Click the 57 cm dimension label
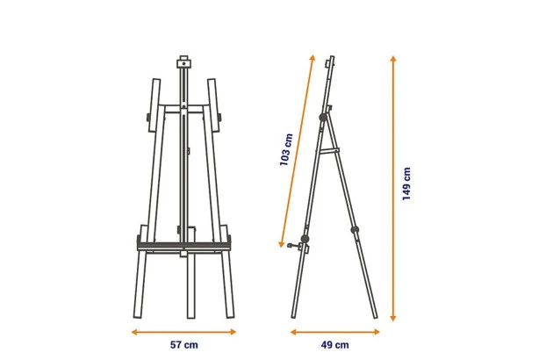pos(184,345)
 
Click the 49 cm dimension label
pos(334,345)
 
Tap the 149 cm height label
pos(406,184)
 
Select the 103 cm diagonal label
pos(286,149)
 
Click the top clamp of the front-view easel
pos(183,62)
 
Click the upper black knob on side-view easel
pos(323,118)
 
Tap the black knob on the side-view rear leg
pos(355,230)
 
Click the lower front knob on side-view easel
pos(305,239)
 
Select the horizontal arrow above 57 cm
pos(183,332)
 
